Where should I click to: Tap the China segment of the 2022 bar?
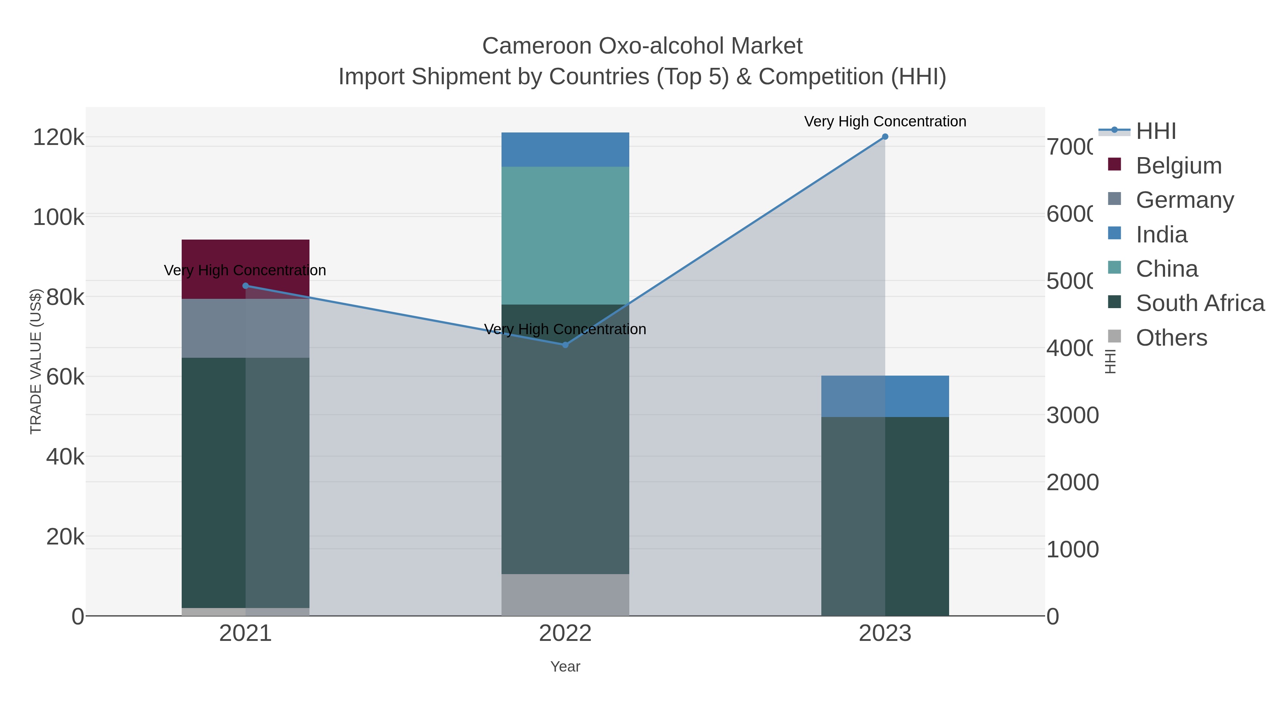pos(565,235)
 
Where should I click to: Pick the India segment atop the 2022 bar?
pos(565,149)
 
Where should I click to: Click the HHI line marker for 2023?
pos(885,137)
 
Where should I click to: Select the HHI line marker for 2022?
pos(565,345)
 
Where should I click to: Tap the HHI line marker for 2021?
pos(246,286)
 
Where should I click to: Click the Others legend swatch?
pos(1114,337)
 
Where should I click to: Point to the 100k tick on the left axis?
pos(59,217)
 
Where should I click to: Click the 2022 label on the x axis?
pos(565,633)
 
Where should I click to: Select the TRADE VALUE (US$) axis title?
pos(36,361)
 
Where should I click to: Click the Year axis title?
pos(565,667)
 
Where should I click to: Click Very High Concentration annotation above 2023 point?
pos(885,121)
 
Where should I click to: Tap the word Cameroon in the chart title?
pos(536,46)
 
